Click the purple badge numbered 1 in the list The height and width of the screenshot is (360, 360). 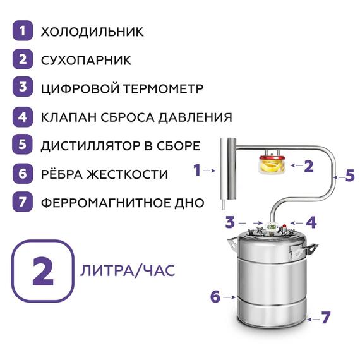coord(23,31)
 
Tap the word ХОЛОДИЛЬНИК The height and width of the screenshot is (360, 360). coord(92,32)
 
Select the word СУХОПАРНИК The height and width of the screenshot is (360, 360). coord(86,60)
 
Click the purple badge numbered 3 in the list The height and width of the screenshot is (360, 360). coord(23,88)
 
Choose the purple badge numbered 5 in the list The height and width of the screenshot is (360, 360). coord(23,145)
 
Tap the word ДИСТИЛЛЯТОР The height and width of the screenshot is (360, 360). coord(95,146)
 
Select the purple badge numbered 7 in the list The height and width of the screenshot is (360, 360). coord(23,203)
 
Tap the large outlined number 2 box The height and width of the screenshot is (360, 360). coord(41,272)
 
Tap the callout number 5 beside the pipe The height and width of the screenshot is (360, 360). coord(350,176)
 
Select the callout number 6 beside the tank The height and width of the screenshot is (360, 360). coord(215,296)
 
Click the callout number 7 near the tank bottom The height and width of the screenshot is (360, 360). coord(325,318)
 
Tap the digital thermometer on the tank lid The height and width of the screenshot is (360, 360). coord(272,225)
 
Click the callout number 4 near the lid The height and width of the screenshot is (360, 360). coord(310,222)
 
